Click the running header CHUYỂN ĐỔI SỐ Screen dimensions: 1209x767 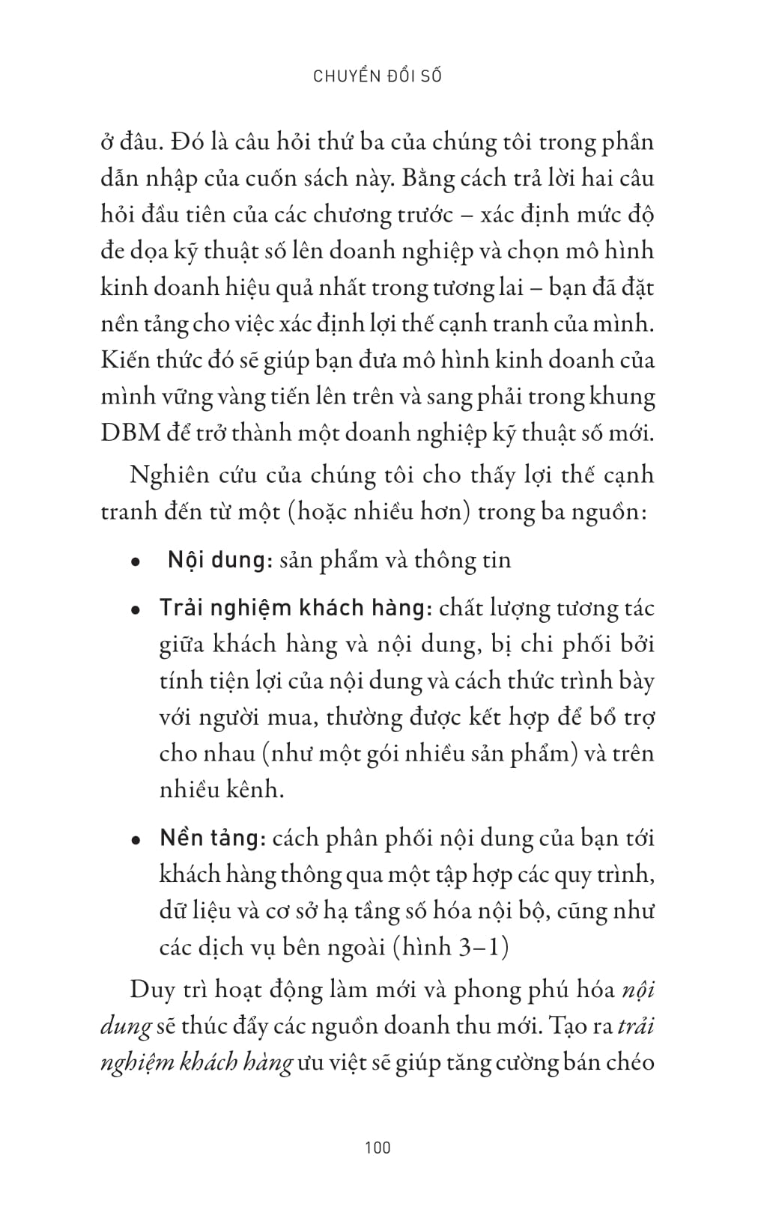pos(378,76)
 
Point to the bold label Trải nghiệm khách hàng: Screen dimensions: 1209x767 pos(295,607)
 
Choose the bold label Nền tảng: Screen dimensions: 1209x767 pos(213,838)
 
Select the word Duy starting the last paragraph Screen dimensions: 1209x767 pos(152,989)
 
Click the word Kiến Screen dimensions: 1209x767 pos(124,360)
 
